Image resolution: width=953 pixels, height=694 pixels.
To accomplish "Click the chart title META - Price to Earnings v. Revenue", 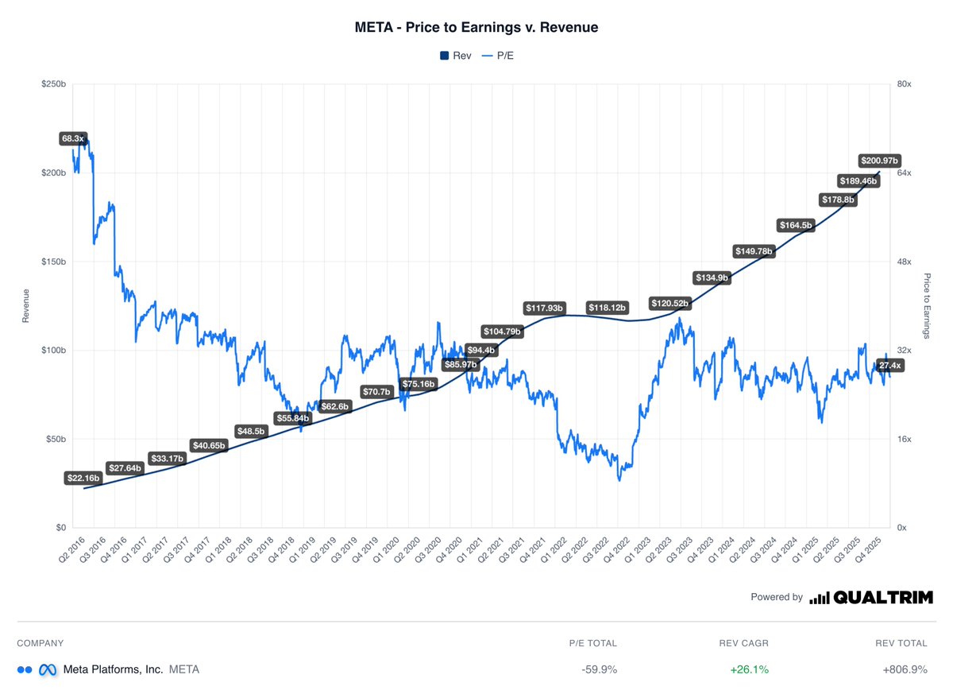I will (476, 27).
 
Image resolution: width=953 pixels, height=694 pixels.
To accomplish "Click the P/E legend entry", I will (500, 56).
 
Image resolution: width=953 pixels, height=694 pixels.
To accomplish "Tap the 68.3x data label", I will (72, 139).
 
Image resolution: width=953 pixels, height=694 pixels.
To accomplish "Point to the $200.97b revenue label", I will (879, 161).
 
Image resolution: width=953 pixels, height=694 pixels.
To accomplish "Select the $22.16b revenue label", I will (83, 479).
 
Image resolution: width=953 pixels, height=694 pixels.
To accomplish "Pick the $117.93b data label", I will (543, 308).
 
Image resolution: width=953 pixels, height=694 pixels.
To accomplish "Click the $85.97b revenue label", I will (461, 365).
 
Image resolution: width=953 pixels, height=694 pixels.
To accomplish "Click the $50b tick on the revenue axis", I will (54, 439).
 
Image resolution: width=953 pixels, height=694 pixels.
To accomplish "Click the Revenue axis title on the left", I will (26, 305).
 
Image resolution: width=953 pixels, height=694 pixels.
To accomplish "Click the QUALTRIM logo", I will (871, 597).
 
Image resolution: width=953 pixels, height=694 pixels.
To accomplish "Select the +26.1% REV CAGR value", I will (749, 669).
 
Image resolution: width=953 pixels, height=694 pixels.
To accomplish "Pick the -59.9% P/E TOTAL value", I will (599, 669).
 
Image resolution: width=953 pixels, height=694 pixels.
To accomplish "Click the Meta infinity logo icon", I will (48, 669).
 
